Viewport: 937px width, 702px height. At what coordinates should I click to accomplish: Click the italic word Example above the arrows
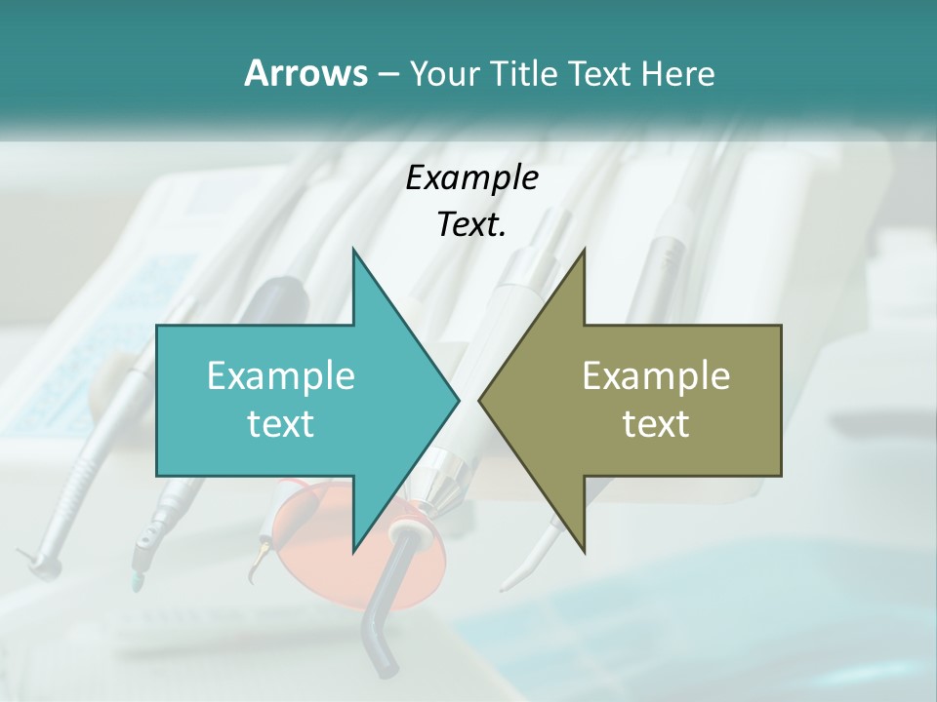(x=471, y=177)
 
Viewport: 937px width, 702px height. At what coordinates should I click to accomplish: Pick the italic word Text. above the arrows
(x=471, y=224)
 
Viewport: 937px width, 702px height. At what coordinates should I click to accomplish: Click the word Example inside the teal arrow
(x=281, y=375)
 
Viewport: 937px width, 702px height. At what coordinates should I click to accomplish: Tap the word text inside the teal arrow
(x=281, y=423)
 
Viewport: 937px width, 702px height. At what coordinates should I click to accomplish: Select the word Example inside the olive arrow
(x=656, y=375)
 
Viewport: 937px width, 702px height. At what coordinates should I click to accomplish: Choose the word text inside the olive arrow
(x=656, y=423)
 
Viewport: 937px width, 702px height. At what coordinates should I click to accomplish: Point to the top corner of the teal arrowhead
(x=353, y=250)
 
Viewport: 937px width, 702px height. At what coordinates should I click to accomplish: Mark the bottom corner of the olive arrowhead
(x=585, y=552)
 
